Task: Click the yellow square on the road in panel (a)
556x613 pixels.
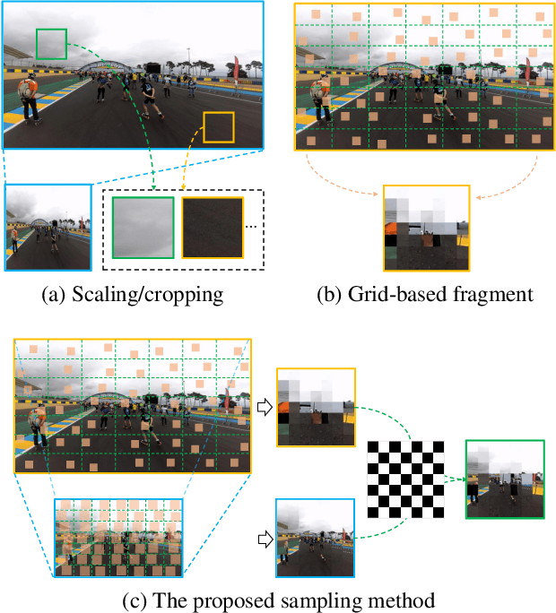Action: [x=218, y=126]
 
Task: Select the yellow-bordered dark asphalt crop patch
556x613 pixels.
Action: [x=213, y=229]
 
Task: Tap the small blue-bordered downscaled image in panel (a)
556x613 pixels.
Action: [x=48, y=228]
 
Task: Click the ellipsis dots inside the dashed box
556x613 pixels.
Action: [x=251, y=227]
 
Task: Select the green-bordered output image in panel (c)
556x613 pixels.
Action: [x=505, y=479]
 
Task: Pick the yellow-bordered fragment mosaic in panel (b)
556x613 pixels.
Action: [x=426, y=228]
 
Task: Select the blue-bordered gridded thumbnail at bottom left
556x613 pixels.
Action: [x=120, y=537]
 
